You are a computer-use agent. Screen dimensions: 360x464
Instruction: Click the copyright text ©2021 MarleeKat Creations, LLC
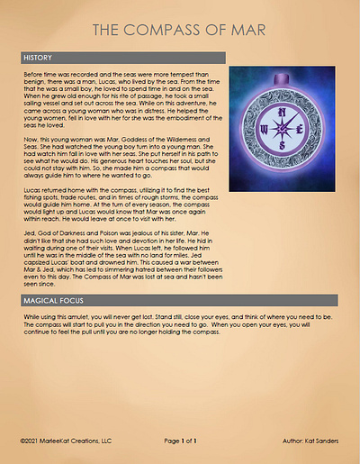coord(66,442)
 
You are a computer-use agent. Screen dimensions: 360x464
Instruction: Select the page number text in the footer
coord(181,442)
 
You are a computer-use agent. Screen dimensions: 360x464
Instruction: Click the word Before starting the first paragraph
coord(32,70)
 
